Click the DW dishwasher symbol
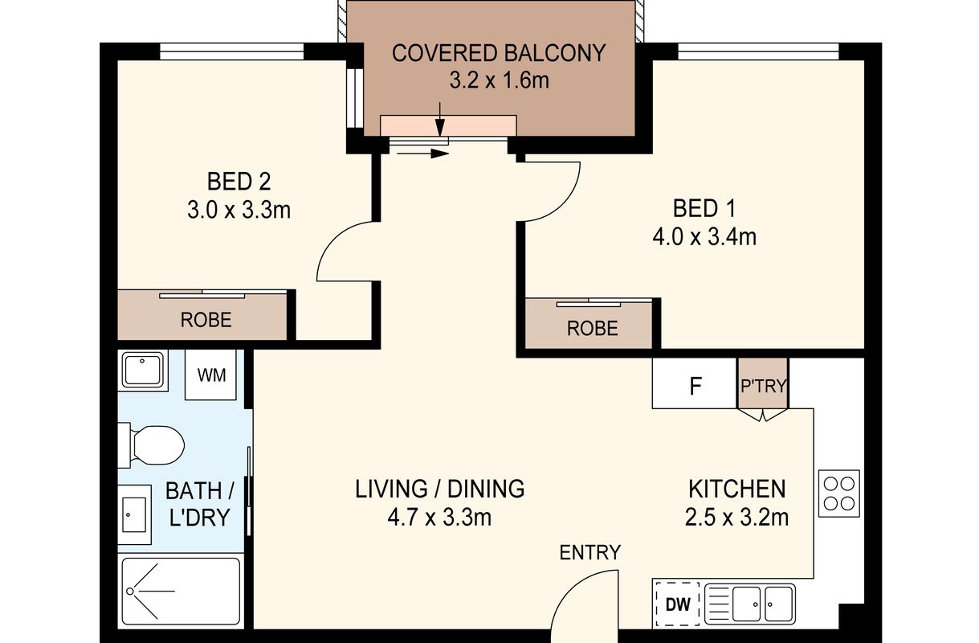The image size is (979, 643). [678, 604]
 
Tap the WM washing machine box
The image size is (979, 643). [210, 375]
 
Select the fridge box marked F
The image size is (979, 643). [695, 383]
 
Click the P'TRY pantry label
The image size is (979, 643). [764, 386]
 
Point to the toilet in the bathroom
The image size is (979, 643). [152, 445]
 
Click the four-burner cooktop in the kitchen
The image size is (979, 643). [839, 494]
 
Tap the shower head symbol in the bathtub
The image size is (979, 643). [130, 591]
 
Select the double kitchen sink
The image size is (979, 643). [750, 604]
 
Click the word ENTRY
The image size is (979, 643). [590, 553]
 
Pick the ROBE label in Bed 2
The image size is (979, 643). [206, 320]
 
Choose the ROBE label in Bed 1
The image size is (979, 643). [592, 329]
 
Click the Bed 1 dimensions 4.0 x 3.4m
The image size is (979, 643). [704, 238]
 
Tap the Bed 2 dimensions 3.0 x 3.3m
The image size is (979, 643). [239, 211]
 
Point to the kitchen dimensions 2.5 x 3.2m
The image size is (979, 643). [737, 518]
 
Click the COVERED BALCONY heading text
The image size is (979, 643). [499, 53]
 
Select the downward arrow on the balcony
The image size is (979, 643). [439, 119]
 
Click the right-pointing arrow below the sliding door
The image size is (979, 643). [422, 154]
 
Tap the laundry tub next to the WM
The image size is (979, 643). [142, 370]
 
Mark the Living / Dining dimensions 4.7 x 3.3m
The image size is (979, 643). [439, 518]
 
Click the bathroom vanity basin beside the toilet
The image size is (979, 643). [134, 514]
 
